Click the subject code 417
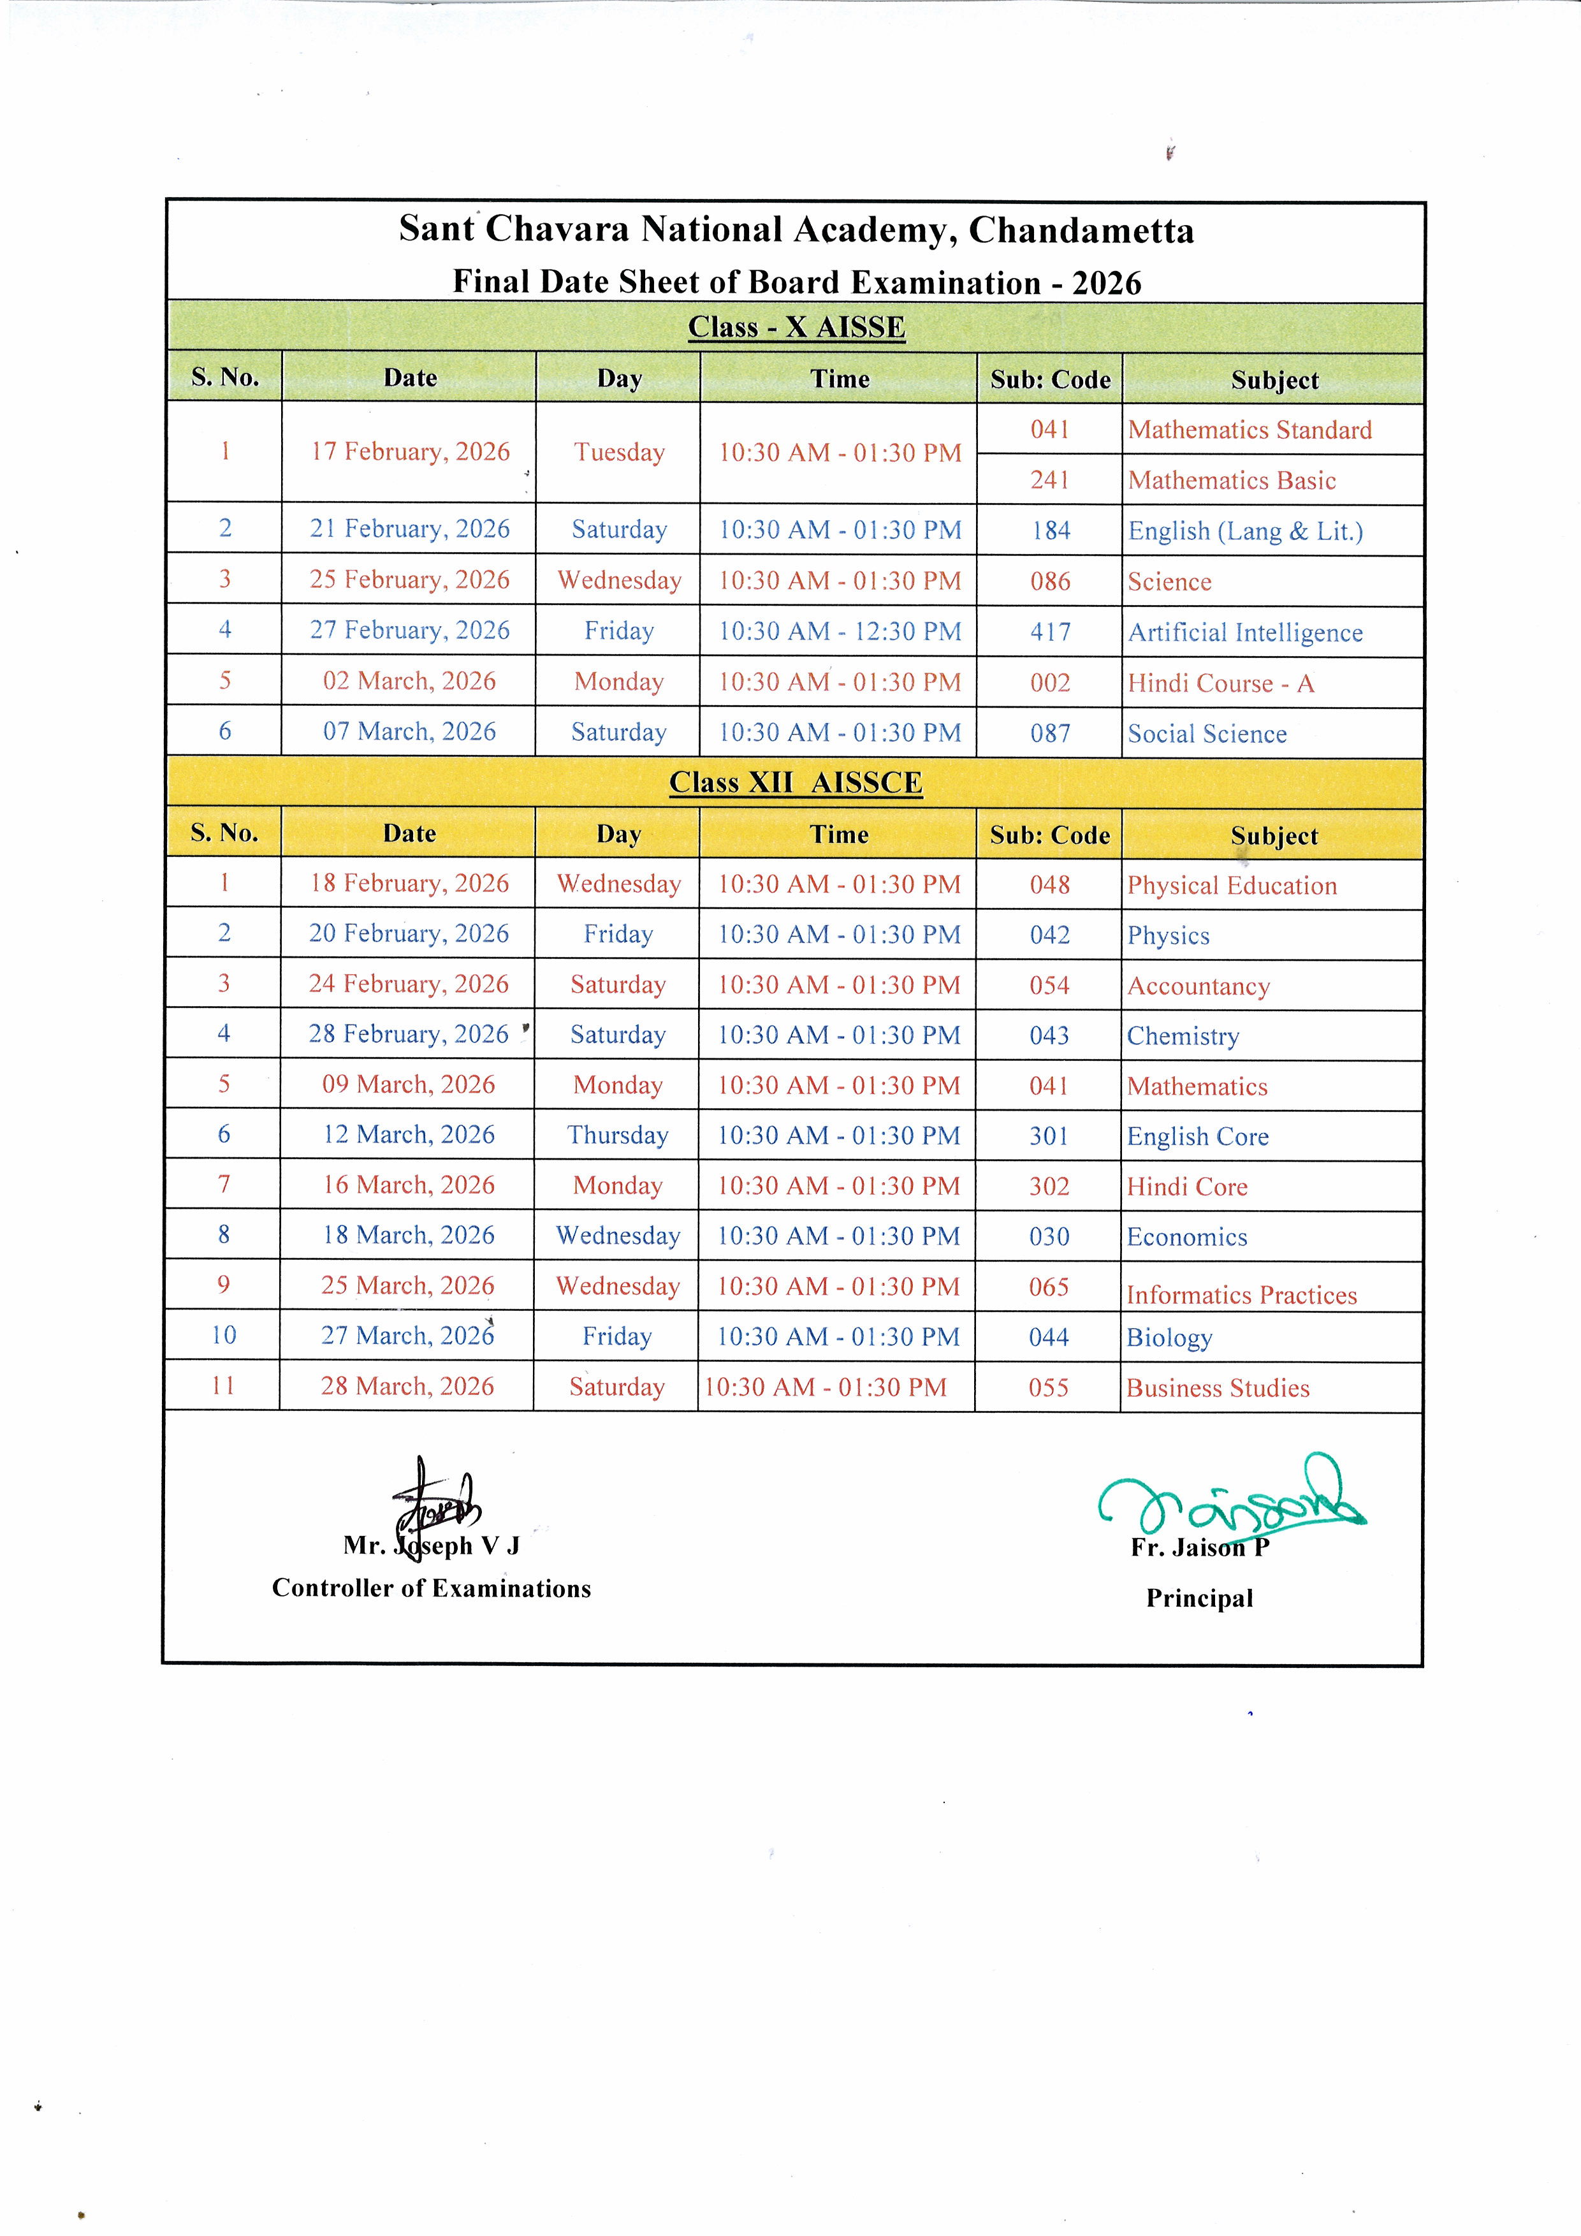[x=1051, y=632]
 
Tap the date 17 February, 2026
[x=410, y=452]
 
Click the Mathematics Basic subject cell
[x=1232, y=480]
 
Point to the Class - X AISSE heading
[x=796, y=327]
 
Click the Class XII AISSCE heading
[x=796, y=783]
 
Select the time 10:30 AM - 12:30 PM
[x=839, y=632]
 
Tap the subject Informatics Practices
[x=1241, y=1295]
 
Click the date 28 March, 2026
[x=407, y=1387]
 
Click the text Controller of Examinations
[x=432, y=1588]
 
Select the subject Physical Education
[x=1232, y=885]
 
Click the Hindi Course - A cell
[x=1221, y=683]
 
